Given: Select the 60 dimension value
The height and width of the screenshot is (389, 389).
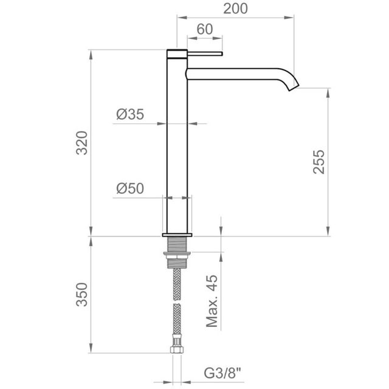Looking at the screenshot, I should coord(204,29).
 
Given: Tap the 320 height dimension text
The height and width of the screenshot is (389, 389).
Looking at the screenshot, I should coord(83,143).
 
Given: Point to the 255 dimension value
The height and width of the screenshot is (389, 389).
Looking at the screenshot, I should coord(319,162).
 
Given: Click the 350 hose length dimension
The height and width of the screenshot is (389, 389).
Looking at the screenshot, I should coord(83,294).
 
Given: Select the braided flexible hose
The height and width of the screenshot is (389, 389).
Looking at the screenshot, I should coord(177,304).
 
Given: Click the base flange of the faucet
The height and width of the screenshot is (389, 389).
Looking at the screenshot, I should coord(177,233).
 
